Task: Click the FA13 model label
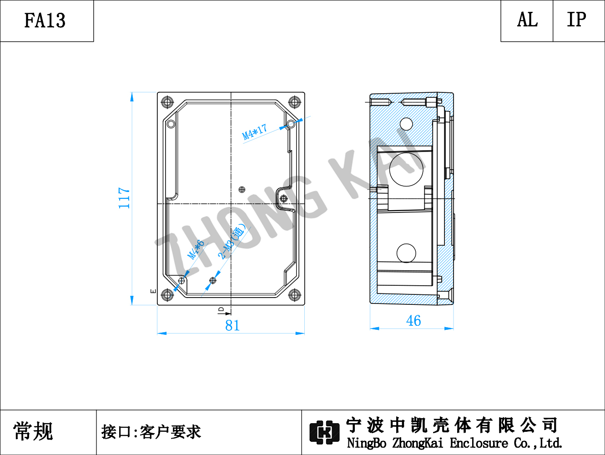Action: [x=45, y=20]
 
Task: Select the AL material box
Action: [x=527, y=21]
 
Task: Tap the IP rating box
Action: [x=579, y=21]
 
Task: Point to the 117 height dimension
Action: [x=124, y=198]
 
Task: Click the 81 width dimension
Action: [x=232, y=325]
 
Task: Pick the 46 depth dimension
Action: [x=413, y=321]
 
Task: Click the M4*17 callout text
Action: [x=254, y=132]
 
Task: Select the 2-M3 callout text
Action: [x=231, y=242]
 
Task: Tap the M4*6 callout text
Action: [x=196, y=249]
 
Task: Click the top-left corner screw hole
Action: [x=167, y=102]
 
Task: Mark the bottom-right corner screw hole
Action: [x=294, y=294]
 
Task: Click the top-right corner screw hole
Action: [x=294, y=102]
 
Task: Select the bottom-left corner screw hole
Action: [x=167, y=294]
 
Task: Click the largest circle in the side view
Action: [x=406, y=170]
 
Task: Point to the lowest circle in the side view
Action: [x=406, y=253]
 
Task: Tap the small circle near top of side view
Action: [x=406, y=124]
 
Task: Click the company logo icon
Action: [x=324, y=432]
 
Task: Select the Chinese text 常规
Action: [x=33, y=431]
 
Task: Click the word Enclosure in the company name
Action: [x=479, y=443]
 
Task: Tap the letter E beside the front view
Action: [x=153, y=291]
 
